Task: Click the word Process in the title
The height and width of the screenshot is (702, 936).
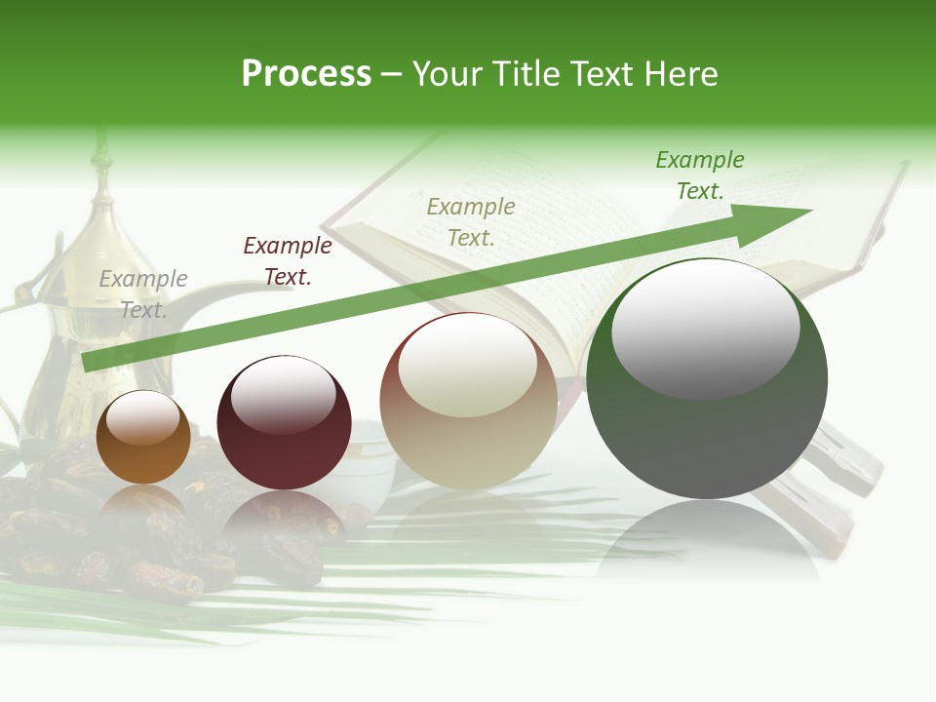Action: tap(306, 74)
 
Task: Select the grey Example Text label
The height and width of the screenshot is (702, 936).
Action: tap(143, 294)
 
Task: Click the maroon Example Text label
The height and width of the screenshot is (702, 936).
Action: tap(288, 261)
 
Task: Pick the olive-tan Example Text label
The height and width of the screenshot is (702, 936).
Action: tap(471, 222)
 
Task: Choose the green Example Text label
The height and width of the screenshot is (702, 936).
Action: tap(700, 175)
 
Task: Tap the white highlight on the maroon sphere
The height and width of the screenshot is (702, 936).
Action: tap(284, 394)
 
